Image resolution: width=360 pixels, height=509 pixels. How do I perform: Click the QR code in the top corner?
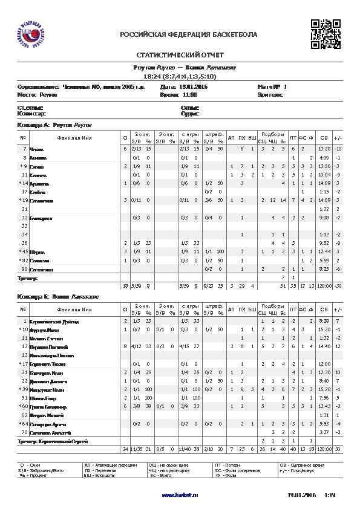click(x=325, y=34)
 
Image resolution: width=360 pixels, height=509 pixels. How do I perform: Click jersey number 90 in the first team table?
click(x=24, y=268)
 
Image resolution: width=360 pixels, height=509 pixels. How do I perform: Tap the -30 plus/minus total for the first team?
click(x=338, y=285)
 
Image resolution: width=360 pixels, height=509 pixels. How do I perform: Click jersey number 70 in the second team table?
click(x=24, y=432)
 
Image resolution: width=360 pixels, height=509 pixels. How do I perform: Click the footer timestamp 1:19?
click(x=330, y=495)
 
